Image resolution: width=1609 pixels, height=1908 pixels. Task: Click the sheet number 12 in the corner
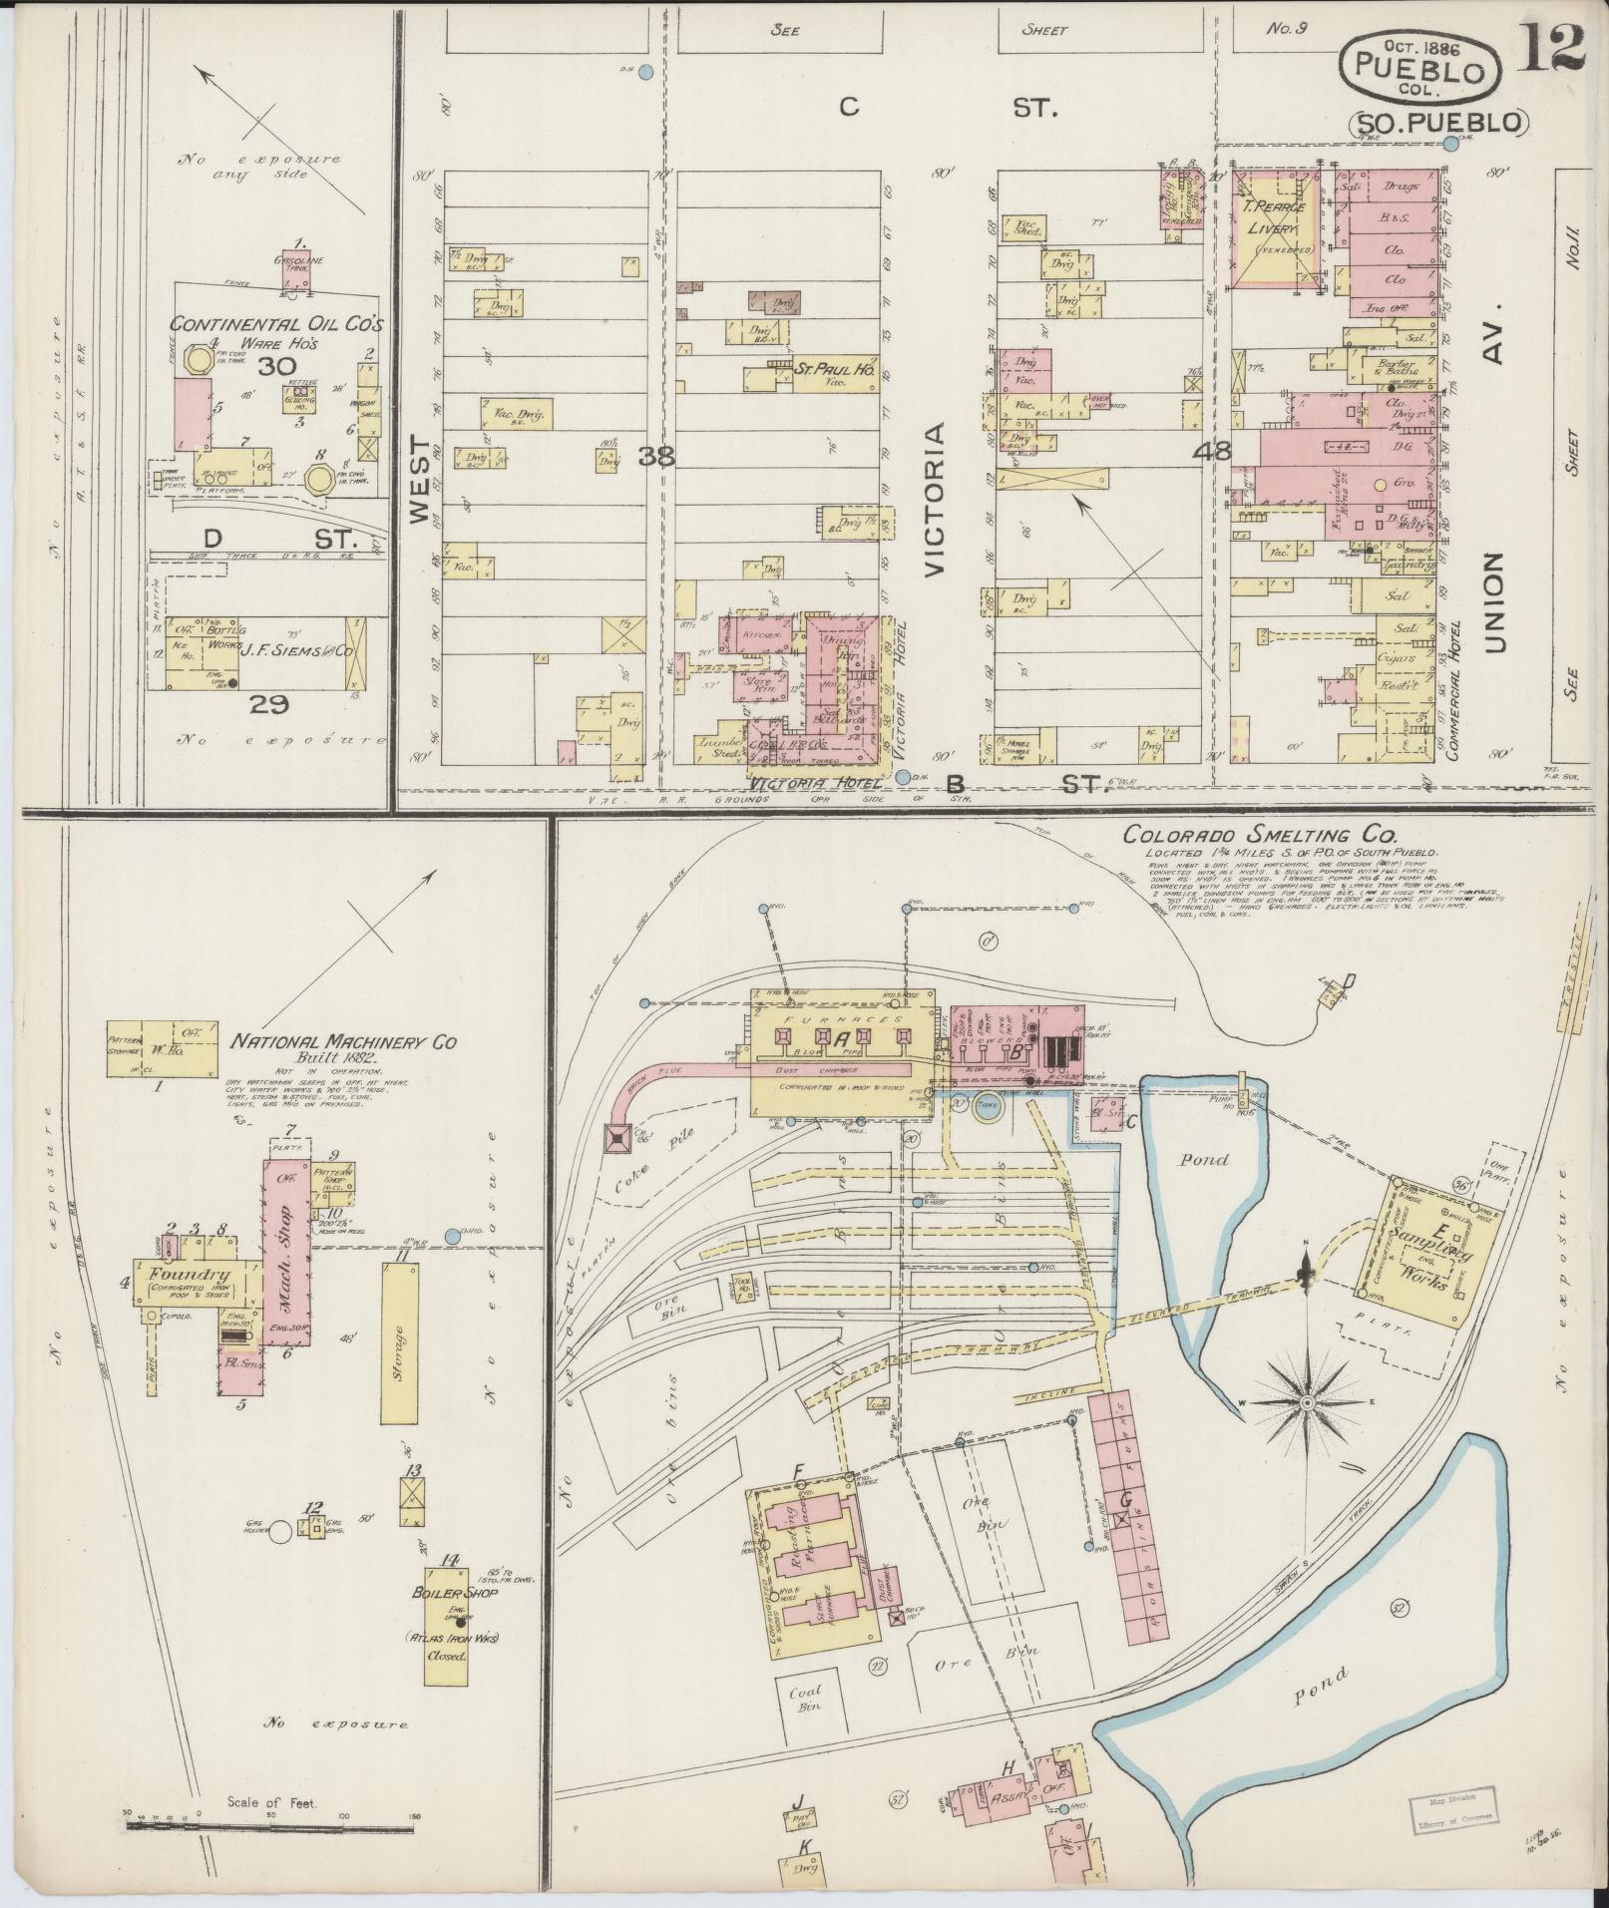[x=1552, y=47]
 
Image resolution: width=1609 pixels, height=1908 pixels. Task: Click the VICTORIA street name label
[x=936, y=500]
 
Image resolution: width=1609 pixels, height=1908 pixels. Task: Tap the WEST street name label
[x=419, y=479]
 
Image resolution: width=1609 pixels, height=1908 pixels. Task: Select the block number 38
[x=656, y=457]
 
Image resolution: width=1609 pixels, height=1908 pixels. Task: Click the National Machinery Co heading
[x=344, y=1041]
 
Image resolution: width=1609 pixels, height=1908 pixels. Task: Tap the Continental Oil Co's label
[x=276, y=325]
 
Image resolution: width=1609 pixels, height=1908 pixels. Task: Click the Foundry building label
[x=190, y=1274]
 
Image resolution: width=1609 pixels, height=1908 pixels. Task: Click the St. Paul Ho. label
[x=836, y=368]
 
